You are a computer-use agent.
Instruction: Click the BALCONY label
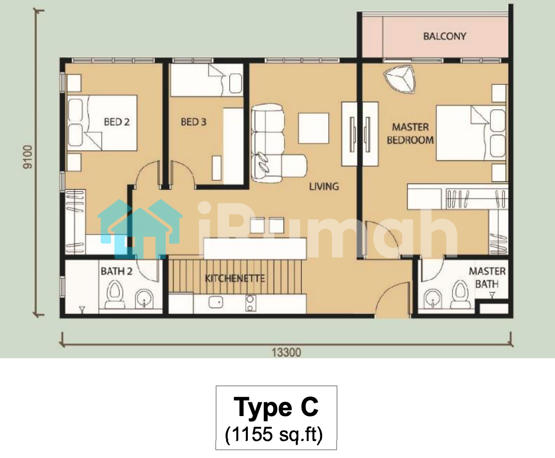coord(445,36)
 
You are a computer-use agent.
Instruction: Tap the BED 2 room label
coord(117,122)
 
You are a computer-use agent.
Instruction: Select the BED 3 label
coord(193,122)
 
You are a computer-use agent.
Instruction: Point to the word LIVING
coord(324,186)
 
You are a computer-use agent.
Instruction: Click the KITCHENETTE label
coord(235,278)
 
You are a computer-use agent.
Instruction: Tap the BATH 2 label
coord(116,271)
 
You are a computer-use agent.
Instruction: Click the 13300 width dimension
coord(287,352)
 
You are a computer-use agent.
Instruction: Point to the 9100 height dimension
coord(27,157)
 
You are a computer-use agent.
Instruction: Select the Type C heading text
coord(276,407)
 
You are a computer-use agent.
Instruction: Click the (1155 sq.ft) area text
coord(274,434)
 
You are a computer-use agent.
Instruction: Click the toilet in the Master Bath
coord(461,294)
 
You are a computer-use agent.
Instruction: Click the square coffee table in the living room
coord(314,128)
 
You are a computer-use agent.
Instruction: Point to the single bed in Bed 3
coord(207,80)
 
